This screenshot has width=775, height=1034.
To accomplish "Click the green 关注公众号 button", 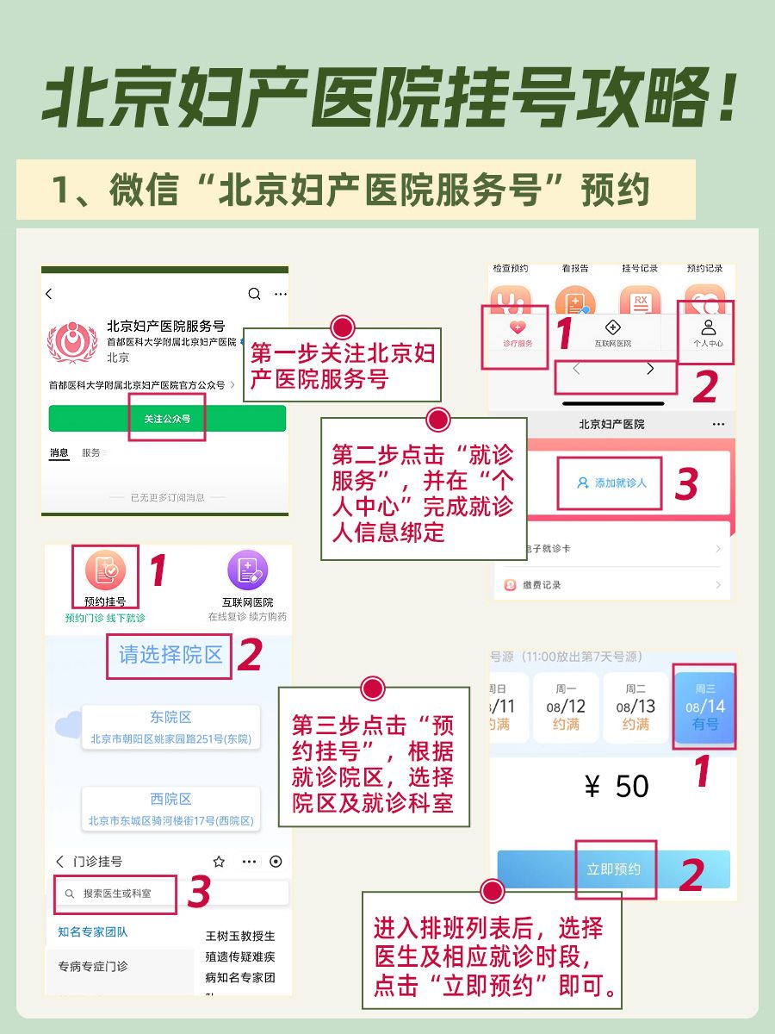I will point(167,419).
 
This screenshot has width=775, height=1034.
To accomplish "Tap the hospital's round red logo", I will point(72,341).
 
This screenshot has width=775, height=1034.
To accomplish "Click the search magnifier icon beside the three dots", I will point(254,294).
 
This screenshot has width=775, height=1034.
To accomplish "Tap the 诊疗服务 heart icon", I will point(518,328).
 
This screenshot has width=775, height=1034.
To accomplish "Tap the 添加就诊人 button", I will point(611,483).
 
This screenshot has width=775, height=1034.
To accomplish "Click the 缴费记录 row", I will point(611,585).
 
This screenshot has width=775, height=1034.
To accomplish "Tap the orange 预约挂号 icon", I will point(105,570).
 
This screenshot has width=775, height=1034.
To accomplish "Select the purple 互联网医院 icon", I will point(247,570).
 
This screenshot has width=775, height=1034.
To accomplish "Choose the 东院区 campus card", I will point(170,727).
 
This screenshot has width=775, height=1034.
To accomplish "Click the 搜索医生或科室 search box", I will point(117,894).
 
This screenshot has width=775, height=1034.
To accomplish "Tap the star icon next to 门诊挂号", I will point(219,861).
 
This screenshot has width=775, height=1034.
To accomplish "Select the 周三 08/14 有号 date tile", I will point(704,707).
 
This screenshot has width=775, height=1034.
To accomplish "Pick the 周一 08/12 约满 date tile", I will point(566,707).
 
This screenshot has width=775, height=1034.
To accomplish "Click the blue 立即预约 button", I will point(613,869).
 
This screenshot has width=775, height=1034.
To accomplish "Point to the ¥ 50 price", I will point(616,786).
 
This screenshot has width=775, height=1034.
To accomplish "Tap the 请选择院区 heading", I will point(170,655).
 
